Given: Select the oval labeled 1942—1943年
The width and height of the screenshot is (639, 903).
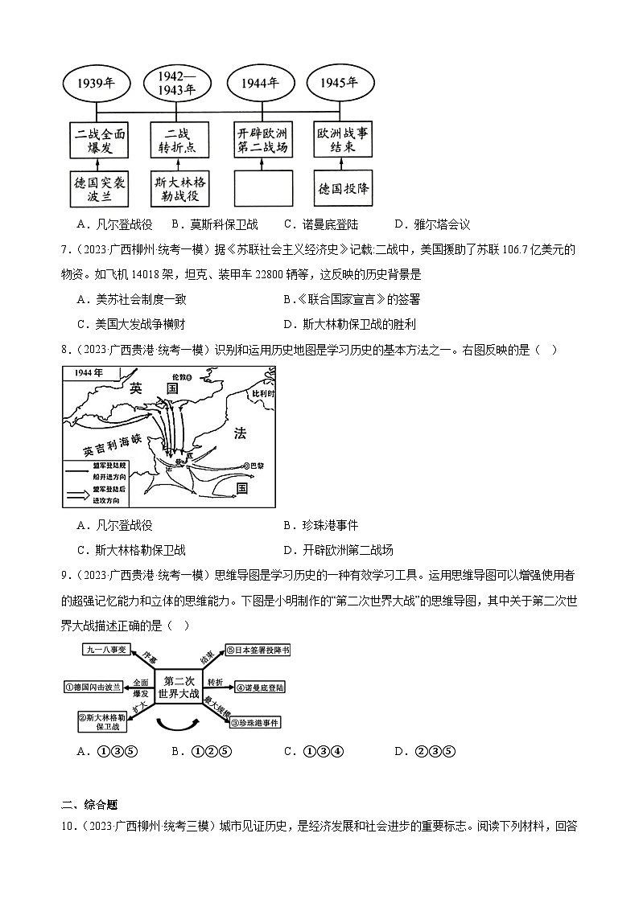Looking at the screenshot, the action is pyautogui.click(x=178, y=84).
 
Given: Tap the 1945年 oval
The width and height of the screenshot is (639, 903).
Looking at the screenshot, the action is pyautogui.click(x=338, y=84).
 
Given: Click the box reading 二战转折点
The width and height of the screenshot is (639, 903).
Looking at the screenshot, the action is pyautogui.click(x=178, y=139).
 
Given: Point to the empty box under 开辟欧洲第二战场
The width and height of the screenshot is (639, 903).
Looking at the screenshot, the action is pyautogui.click(x=263, y=190).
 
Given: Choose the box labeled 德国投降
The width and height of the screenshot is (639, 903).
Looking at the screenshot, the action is pyautogui.click(x=344, y=189).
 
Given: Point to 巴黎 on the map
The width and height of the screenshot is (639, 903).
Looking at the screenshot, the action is pyautogui.click(x=258, y=465).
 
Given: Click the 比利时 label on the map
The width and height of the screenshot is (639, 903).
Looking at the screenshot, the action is pyautogui.click(x=262, y=395).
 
